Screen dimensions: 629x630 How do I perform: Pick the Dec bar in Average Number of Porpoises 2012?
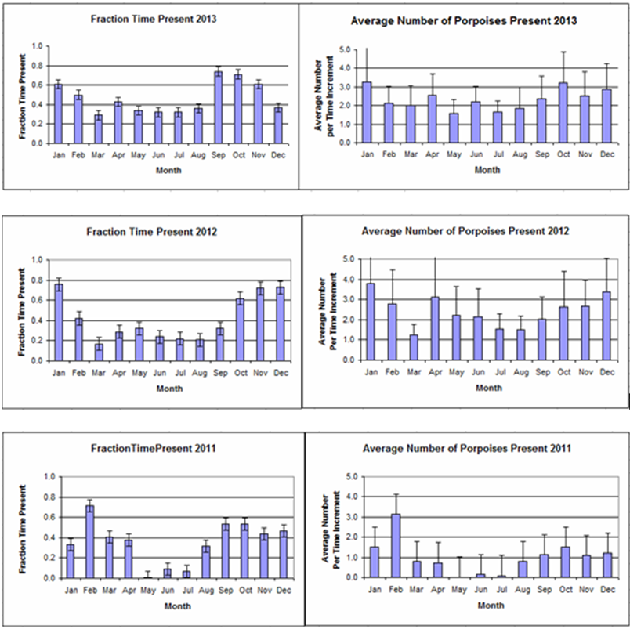coord(606,326)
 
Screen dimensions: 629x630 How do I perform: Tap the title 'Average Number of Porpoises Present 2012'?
coord(465,231)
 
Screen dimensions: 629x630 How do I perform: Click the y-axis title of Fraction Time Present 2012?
coord(16,310)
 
